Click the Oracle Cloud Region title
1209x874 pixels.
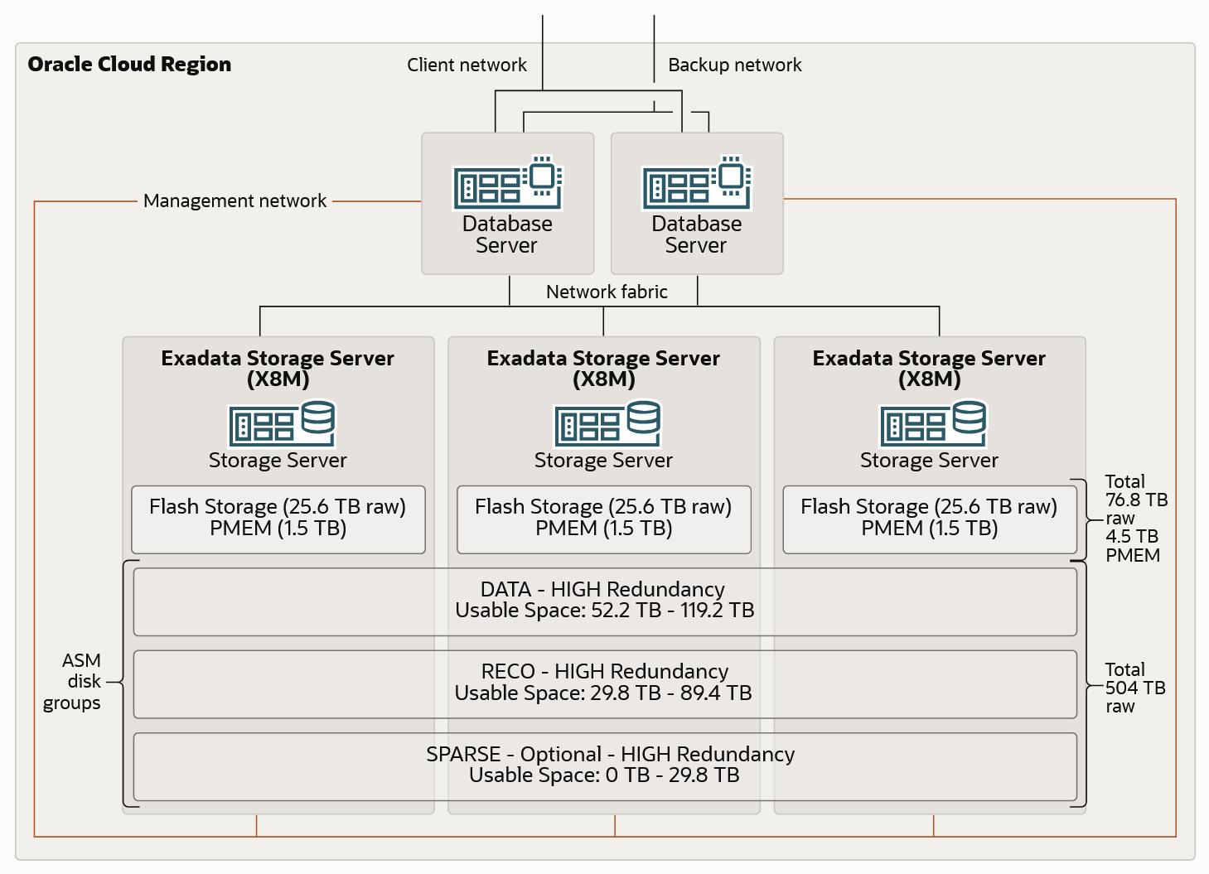click(129, 65)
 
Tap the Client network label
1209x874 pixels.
click(467, 65)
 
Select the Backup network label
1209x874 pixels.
click(734, 65)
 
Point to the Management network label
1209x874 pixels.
click(235, 200)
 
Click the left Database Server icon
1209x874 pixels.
click(507, 182)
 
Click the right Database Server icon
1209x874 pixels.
click(696, 182)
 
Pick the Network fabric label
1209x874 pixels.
click(607, 292)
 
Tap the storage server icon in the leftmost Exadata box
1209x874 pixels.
click(282, 423)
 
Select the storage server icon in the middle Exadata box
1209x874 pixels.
click(607, 423)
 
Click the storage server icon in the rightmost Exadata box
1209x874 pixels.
click(933, 423)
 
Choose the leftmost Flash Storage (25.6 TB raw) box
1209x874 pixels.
click(278, 519)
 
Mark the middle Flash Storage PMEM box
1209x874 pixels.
click(603, 519)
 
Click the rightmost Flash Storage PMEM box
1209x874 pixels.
click(929, 519)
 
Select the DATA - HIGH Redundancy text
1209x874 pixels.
click(602, 589)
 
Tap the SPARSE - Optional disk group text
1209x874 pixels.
click(610, 754)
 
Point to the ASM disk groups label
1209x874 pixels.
click(75, 681)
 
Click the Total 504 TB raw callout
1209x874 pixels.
click(1134, 688)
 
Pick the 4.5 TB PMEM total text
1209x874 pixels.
click(1132, 546)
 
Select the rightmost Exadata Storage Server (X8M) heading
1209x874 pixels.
click(929, 368)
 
